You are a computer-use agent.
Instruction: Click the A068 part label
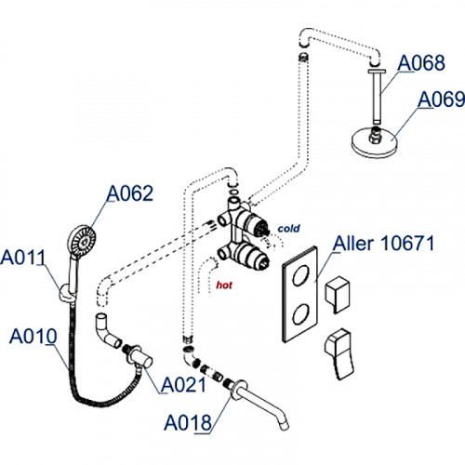point(421,63)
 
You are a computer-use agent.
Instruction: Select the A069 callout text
point(441,100)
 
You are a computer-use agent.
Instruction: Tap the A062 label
point(130,193)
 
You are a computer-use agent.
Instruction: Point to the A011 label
point(23,258)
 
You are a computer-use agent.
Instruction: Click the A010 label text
point(33,336)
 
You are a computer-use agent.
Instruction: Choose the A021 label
point(183,385)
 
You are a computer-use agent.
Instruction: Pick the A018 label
point(188,423)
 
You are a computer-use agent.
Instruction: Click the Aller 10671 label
point(383,244)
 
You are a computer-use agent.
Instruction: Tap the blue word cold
point(288,229)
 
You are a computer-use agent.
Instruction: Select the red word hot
point(224,285)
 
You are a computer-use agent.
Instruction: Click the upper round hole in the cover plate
point(301,274)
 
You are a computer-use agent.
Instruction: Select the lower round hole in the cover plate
point(301,313)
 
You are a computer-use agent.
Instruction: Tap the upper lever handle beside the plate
point(338,294)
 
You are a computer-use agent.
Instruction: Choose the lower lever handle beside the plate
point(339,353)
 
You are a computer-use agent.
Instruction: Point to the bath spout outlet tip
point(285,427)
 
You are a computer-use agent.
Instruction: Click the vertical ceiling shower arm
point(377,96)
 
